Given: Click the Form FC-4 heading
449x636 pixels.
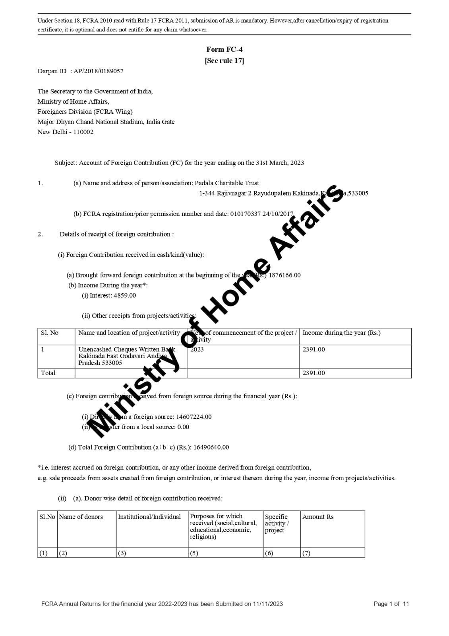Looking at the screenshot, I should click(224, 49).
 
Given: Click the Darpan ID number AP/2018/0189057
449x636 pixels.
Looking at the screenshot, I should click(98, 71).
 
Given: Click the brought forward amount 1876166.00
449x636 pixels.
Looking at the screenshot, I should click(284, 275).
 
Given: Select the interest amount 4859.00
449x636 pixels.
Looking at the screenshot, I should click(125, 295).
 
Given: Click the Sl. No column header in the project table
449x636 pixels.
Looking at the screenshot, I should click(50, 333).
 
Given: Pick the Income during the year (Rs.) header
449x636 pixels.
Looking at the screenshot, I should click(341, 333).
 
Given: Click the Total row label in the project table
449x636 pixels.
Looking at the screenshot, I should click(48, 373).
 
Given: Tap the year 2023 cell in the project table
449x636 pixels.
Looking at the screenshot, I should click(197, 349).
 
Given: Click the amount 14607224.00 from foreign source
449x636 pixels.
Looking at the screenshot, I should click(194, 417).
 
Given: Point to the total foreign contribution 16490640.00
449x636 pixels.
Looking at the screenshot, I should click(211, 447).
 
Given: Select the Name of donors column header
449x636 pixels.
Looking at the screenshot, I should click(81, 517).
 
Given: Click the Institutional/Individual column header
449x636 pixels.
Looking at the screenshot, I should click(149, 517).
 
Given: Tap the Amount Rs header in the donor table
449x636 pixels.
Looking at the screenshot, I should click(318, 517).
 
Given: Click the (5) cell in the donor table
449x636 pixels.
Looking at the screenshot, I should click(194, 553).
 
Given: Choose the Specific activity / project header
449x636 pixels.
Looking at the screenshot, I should click(277, 523).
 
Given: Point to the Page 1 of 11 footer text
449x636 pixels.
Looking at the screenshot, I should click(391, 604).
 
